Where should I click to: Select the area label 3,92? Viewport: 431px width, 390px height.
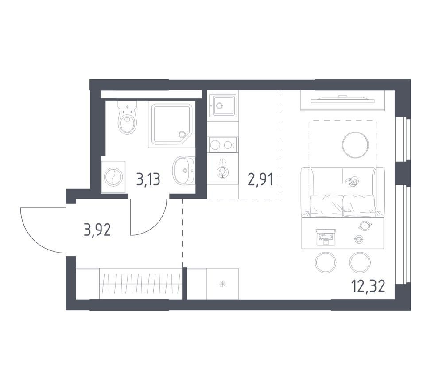point(97,230)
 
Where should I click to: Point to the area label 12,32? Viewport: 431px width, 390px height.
point(368,286)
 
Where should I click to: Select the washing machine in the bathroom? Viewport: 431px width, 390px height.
point(113,177)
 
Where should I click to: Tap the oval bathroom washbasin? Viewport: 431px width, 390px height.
point(184,170)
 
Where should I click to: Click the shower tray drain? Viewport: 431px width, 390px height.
point(182,134)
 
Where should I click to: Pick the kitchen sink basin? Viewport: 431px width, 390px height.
point(222,105)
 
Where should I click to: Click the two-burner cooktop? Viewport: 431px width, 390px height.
point(223,145)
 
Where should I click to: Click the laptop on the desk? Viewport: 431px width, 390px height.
point(326,237)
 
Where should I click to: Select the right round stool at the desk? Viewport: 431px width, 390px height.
point(360,262)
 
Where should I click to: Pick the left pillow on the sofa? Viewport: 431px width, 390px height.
point(326,206)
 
